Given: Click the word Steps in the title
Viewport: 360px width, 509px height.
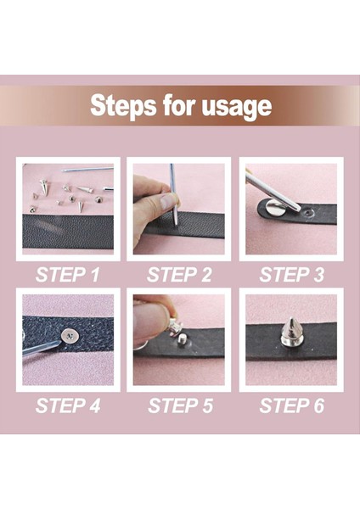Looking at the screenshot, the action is click(x=123, y=106).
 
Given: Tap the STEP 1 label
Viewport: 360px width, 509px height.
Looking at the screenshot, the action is click(x=68, y=275).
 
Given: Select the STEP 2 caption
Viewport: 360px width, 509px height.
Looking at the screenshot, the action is click(x=179, y=275).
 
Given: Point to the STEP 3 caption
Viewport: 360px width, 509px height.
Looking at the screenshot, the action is click(x=291, y=275).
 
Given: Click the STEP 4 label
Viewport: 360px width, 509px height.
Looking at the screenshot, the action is click(x=68, y=406).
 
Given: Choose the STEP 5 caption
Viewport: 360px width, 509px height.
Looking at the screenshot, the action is click(x=180, y=406).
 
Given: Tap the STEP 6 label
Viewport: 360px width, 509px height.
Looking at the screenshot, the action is click(x=291, y=406).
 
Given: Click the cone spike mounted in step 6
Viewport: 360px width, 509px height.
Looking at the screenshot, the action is click(x=292, y=332).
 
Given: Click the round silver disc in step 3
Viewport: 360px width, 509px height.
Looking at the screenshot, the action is click(x=275, y=208).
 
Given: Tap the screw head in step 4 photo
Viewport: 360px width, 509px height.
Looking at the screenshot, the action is click(x=70, y=335).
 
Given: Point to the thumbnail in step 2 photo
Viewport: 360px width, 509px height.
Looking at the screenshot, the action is click(x=169, y=201).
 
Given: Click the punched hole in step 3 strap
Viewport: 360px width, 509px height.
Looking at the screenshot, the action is click(x=307, y=213).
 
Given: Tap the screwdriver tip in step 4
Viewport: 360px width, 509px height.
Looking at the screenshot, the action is click(x=58, y=342).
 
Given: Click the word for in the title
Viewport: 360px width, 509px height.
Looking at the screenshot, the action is click(x=178, y=105).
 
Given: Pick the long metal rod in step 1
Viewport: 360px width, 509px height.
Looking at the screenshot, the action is click(x=87, y=170).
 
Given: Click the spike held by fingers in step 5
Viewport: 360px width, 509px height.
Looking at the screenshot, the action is click(x=175, y=325).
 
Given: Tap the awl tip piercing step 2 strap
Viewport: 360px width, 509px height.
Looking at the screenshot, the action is click(x=176, y=223).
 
